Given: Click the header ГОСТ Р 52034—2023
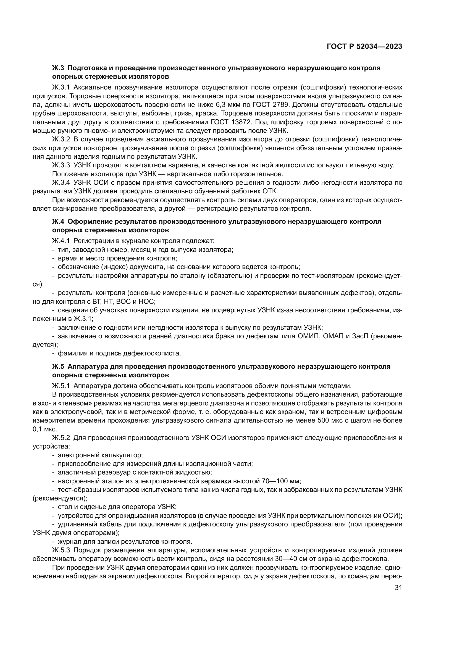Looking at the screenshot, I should click(x=364, y=47).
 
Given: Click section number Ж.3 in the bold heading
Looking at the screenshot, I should click(x=58, y=68).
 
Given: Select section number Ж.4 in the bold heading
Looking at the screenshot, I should click(x=58, y=222).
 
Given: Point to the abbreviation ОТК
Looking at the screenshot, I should click(x=270, y=191).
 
